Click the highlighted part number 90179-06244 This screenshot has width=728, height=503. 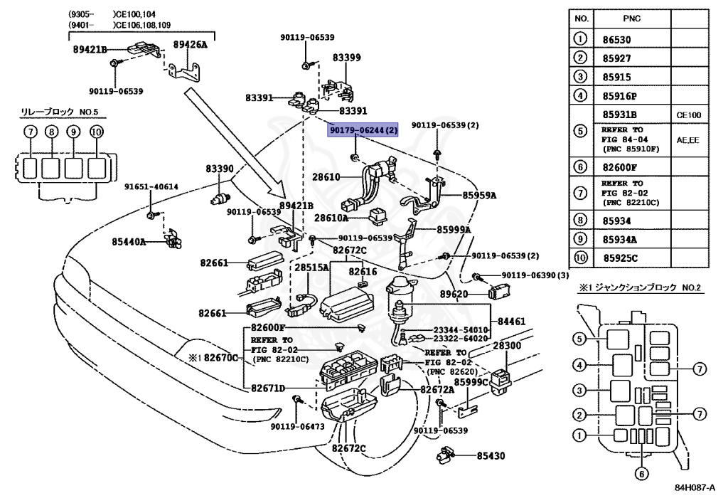pos(363,130)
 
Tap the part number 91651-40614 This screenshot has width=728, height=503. pos(151,187)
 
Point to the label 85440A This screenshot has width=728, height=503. pos(129,242)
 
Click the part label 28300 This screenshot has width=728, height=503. pos(508,344)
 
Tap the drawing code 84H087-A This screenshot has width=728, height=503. pos(695,489)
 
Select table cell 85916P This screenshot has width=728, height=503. pos(620,95)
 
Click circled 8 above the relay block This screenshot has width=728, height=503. pos(51,132)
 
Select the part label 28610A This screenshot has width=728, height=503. pos(331,218)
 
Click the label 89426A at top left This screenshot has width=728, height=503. pos(191,45)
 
